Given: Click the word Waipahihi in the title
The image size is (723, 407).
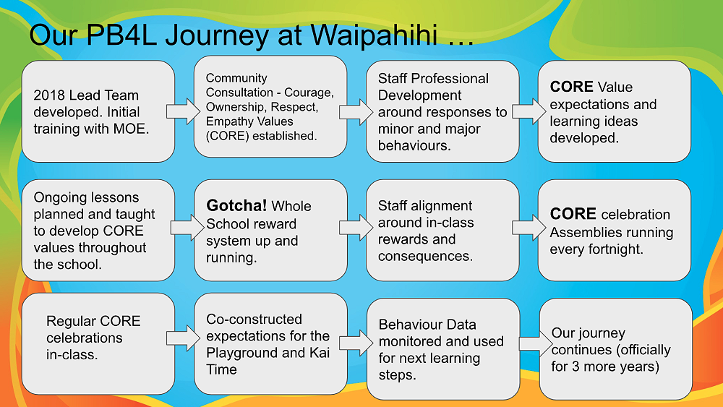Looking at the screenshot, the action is pyautogui.click(x=374, y=35).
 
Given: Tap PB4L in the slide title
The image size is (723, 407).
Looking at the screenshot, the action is pyautogui.click(x=121, y=35).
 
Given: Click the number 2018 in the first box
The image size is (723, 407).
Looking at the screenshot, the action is pyautogui.click(x=48, y=95).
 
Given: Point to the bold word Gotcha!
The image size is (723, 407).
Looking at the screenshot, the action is pyautogui.click(x=236, y=205).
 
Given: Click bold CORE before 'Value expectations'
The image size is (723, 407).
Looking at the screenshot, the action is pyautogui.click(x=571, y=87).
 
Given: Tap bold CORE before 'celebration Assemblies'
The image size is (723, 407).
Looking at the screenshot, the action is pyautogui.click(x=573, y=214).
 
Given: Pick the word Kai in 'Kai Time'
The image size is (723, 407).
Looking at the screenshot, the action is pyautogui.click(x=319, y=353).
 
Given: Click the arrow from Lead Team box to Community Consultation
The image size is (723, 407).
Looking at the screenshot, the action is pyautogui.click(x=184, y=111).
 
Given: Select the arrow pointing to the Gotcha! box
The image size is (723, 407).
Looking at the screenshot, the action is pyautogui.click(x=187, y=227).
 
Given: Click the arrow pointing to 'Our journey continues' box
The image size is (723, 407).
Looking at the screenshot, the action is pyautogui.click(x=536, y=344).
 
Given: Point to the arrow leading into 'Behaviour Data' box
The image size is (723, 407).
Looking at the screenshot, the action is pyautogui.click(x=356, y=343).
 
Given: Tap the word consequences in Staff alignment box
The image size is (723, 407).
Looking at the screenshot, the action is pyautogui.click(x=425, y=257).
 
